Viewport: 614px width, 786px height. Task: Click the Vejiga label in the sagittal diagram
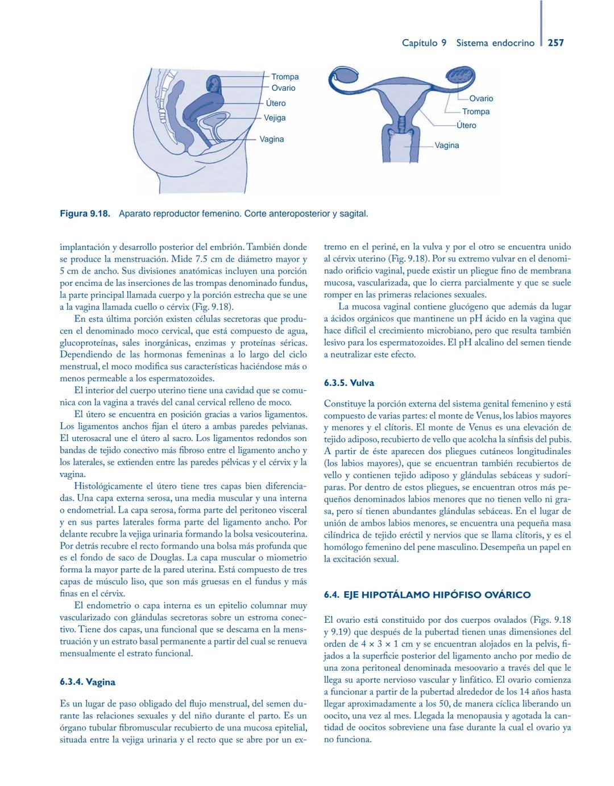pyautogui.click(x=275, y=118)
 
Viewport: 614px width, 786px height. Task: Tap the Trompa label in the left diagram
pyautogui.click(x=285, y=77)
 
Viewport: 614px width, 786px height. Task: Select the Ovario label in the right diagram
pyautogui.click(x=481, y=98)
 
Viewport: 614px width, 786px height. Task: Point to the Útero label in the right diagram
pyautogui.click(x=466, y=125)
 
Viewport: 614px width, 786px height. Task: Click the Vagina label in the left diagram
pyautogui.click(x=272, y=139)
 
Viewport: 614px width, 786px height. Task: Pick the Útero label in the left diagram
pyautogui.click(x=276, y=103)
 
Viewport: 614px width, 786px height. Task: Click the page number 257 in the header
pyautogui.click(x=555, y=43)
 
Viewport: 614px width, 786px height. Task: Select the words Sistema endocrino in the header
pyautogui.click(x=495, y=43)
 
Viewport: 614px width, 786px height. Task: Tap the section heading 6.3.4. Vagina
pyautogui.click(x=88, y=682)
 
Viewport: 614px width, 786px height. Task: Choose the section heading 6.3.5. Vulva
pyautogui.click(x=349, y=383)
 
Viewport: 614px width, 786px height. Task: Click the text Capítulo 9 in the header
pyautogui.click(x=424, y=43)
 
